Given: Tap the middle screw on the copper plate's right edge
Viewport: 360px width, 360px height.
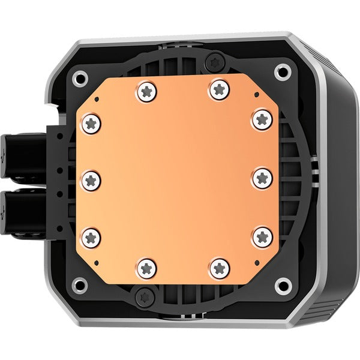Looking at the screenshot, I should (x=262, y=178).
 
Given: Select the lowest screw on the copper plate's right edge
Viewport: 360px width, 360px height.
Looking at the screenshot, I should (x=262, y=236).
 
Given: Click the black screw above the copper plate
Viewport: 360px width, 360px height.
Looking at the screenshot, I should (x=214, y=60).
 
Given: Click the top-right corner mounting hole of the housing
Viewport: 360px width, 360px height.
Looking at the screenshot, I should (x=280, y=73).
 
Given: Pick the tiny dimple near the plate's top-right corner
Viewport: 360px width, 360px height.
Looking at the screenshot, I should (x=256, y=95).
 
